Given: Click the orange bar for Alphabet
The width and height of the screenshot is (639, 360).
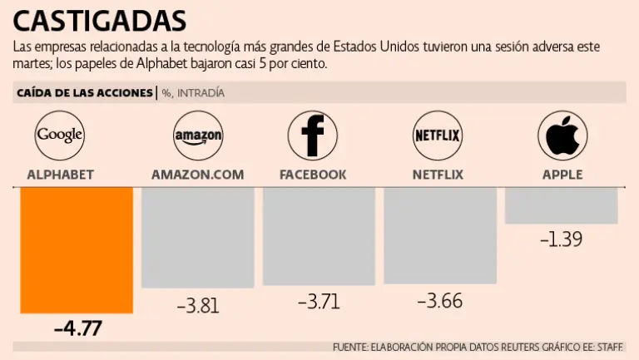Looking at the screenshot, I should pos(77,249).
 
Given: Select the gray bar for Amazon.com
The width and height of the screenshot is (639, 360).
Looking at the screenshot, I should pos(197,237).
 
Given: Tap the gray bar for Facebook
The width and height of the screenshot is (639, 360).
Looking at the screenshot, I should pos(319,236).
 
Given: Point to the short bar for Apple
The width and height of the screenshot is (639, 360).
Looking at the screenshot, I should pos(561,205).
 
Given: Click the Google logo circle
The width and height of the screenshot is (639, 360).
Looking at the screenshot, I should pos(61,134).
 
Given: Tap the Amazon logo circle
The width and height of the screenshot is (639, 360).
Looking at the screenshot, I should pos(197,135).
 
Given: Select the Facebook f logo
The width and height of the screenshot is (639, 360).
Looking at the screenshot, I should pos(312,135).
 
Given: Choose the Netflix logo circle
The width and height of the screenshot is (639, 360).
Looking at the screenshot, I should pos(438,135).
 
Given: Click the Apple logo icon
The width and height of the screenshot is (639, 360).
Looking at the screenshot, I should pos(562,135).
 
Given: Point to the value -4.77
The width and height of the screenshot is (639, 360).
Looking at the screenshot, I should pos(77,328).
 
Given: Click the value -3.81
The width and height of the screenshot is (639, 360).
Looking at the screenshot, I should pos(198,305).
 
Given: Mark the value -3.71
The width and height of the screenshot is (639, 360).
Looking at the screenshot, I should pos(319,301).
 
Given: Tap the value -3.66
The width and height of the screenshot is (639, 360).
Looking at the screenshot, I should pos(440,301).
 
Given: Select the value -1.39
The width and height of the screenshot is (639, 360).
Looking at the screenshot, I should pos(561,239).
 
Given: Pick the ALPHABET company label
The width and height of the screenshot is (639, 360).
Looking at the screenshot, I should pos(60,175).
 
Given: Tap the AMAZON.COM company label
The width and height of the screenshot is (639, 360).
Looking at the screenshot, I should pos(198,175).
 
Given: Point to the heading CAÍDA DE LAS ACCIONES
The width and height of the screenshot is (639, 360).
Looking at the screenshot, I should pos(84,92).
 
